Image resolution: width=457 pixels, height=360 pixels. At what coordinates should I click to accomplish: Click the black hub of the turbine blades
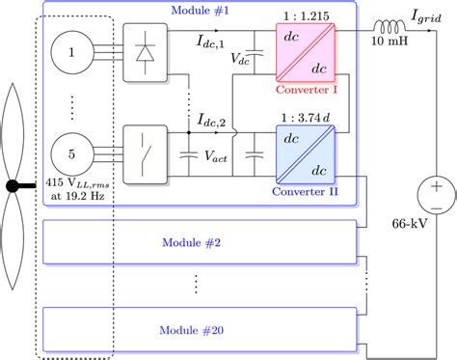click(x=13, y=185)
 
